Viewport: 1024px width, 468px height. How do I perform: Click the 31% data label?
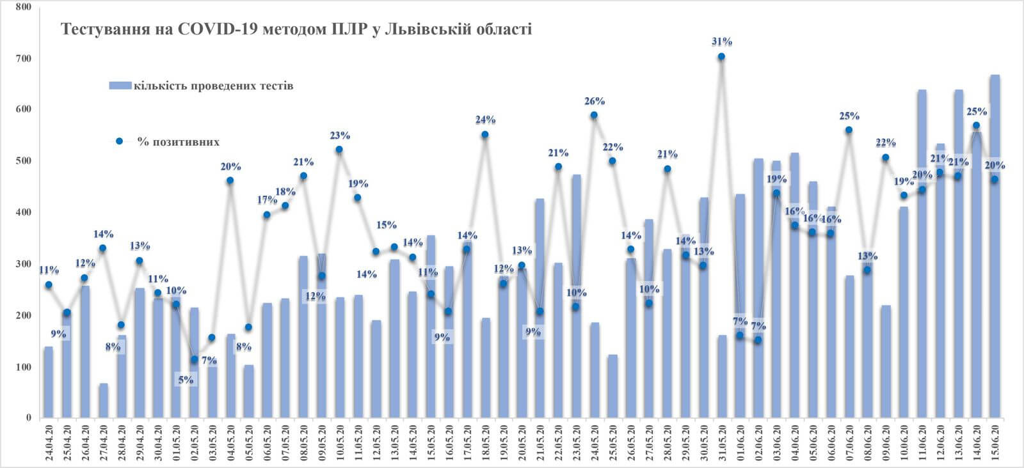point(721,42)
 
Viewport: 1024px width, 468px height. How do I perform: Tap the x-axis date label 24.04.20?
point(49,442)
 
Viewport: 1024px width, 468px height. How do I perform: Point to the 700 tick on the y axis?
point(24,59)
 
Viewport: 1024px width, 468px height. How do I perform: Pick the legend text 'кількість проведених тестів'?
point(214,86)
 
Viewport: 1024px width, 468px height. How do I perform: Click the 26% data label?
point(595,101)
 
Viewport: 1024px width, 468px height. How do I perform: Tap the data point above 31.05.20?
point(721,57)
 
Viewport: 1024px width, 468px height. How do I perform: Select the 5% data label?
point(186,380)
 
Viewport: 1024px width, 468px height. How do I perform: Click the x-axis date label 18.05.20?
point(485,442)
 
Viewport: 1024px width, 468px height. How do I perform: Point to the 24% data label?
point(485,120)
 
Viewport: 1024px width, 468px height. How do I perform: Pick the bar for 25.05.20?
point(612,386)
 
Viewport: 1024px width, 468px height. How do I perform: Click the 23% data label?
point(340,136)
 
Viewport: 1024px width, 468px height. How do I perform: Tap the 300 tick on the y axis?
point(24,265)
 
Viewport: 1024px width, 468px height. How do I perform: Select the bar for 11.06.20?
point(922,256)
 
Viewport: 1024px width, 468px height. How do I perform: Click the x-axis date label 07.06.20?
point(849,442)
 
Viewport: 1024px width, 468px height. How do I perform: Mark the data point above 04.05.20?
point(230,181)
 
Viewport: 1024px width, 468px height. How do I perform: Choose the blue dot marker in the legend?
point(119,141)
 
